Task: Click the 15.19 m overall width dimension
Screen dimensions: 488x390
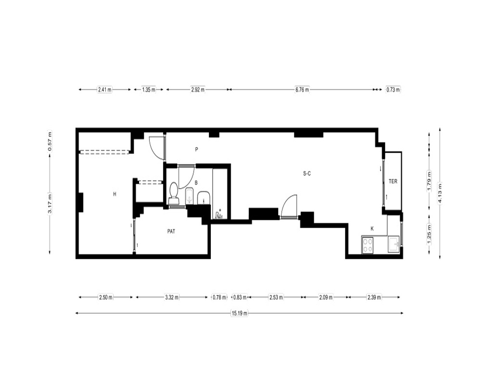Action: click(239, 313)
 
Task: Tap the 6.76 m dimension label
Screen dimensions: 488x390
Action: click(302, 90)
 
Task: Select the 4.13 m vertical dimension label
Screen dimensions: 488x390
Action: click(440, 193)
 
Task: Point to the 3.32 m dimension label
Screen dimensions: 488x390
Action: click(172, 297)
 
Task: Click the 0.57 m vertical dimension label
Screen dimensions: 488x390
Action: click(49, 141)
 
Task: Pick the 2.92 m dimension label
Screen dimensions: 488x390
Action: click(198, 90)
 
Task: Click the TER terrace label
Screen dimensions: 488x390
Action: click(393, 181)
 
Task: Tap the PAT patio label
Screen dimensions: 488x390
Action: click(171, 232)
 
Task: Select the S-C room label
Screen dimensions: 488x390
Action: click(307, 174)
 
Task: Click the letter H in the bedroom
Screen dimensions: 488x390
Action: click(115, 194)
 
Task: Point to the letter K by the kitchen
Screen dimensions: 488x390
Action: click(372, 229)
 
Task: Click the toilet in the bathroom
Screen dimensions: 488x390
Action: click(173, 193)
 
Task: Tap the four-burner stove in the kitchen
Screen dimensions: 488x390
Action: click(367, 244)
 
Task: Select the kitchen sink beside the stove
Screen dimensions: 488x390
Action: click(394, 244)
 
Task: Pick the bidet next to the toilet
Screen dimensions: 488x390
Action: click(189, 196)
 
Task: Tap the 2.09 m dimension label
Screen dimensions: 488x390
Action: click(325, 297)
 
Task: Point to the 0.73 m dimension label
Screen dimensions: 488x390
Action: click(393, 90)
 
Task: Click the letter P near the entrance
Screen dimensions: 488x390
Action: click(196, 149)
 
